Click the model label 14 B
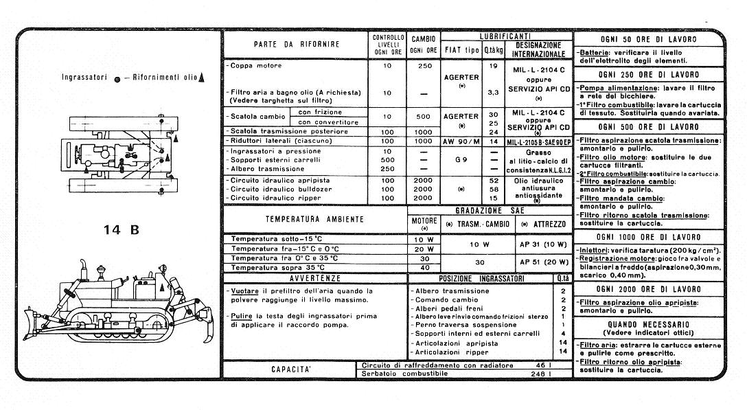coord(122,229)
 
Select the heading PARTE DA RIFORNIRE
coord(296,44)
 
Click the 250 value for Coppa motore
coord(425,66)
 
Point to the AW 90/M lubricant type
coord(461,140)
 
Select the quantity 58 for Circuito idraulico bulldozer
coord(492,189)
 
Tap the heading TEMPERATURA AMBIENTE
coord(314,220)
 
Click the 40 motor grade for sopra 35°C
coord(424,267)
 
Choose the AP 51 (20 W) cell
coord(543,262)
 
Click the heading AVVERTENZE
coord(314,278)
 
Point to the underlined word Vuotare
coord(245,291)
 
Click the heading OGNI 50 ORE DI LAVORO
coord(647,39)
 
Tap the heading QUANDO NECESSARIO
coord(647,323)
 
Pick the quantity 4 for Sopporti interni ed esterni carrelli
coord(562,333)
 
